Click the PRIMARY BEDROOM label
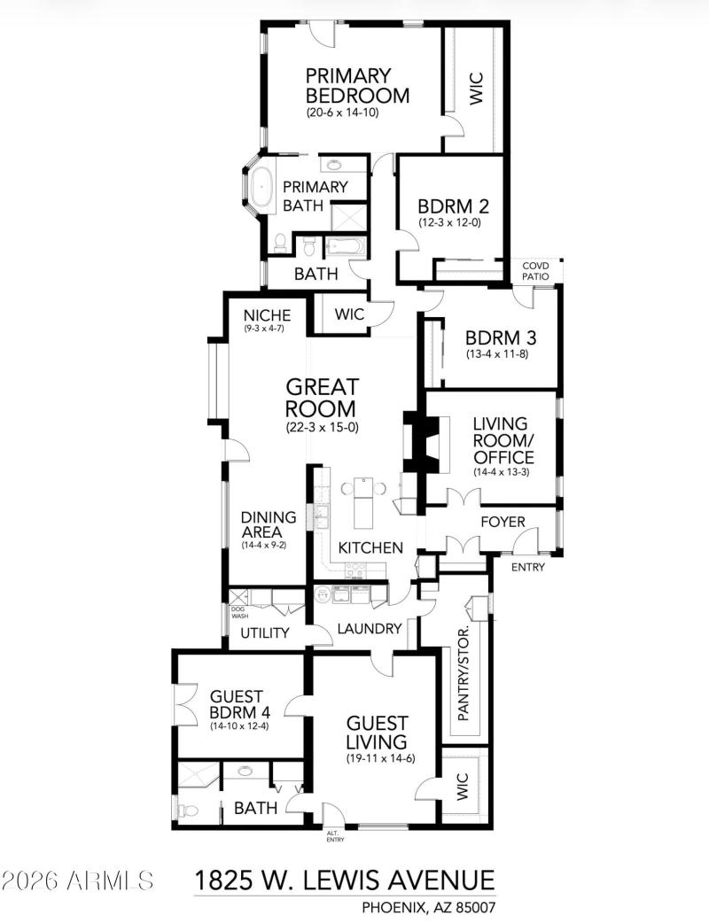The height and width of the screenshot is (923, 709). [x=357, y=85]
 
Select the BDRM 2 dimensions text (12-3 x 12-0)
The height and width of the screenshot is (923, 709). [x=450, y=222]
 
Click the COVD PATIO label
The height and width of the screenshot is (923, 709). [x=535, y=271]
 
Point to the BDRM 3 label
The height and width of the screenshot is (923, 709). [x=501, y=338]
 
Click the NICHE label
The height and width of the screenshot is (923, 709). [x=267, y=314]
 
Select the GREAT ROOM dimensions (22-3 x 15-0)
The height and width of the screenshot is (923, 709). [x=322, y=426]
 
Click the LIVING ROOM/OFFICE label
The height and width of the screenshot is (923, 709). [x=503, y=440]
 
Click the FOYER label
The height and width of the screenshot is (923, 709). [x=503, y=522]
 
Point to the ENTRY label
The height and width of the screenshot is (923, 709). [x=528, y=568]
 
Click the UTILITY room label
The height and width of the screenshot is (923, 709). [x=265, y=632]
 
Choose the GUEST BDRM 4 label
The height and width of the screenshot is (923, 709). [x=240, y=704]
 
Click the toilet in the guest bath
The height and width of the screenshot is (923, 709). [x=186, y=809]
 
